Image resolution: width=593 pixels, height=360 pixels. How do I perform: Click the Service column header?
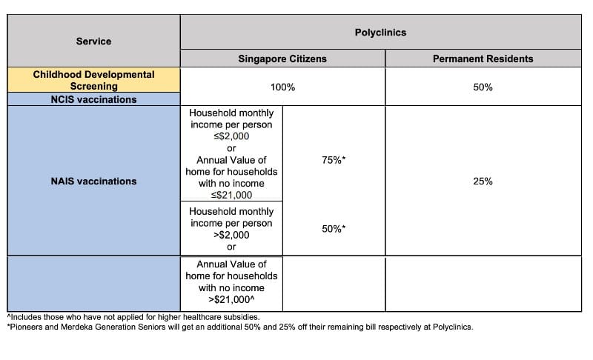[93, 41]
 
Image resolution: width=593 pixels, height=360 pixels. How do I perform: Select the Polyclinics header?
[380, 33]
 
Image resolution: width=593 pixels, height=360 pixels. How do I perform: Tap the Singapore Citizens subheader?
[282, 59]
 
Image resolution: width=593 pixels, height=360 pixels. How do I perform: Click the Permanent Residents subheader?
[483, 59]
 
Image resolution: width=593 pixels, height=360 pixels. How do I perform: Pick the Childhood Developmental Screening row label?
[93, 80]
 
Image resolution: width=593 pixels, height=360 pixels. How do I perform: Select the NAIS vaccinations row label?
[93, 181]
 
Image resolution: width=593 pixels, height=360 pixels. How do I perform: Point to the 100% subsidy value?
[282, 87]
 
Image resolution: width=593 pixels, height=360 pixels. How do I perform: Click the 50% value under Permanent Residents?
[483, 87]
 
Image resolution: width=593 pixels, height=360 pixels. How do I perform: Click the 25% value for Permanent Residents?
[483, 181]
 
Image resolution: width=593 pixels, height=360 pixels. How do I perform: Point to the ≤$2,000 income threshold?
[231, 136]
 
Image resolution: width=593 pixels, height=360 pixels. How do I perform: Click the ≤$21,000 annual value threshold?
[231, 195]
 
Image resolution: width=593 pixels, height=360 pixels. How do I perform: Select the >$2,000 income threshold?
[231, 235]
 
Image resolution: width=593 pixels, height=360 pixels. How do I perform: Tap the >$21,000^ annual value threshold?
[231, 299]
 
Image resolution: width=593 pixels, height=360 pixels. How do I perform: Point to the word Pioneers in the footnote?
[25, 327]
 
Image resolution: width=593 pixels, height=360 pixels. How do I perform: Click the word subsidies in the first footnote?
[223, 317]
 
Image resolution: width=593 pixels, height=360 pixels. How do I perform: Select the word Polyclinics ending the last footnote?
[449, 327]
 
